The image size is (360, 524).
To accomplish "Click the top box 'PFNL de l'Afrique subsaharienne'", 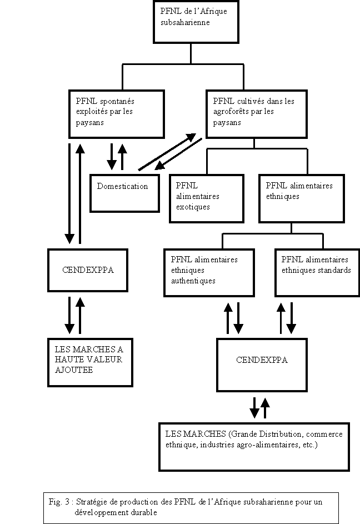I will (x=191, y=22).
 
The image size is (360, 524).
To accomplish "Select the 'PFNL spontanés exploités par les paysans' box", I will (x=117, y=113).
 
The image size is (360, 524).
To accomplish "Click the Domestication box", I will (x=122, y=192).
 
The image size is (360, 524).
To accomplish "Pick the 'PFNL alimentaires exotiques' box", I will (x=206, y=198).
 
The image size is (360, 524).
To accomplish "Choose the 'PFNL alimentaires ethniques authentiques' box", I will (x=209, y=272).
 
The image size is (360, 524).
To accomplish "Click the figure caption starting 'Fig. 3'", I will (x=183, y=507).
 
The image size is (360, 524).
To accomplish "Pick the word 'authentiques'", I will (x=193, y=281).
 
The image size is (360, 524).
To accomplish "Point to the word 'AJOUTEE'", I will (x=74, y=370).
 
